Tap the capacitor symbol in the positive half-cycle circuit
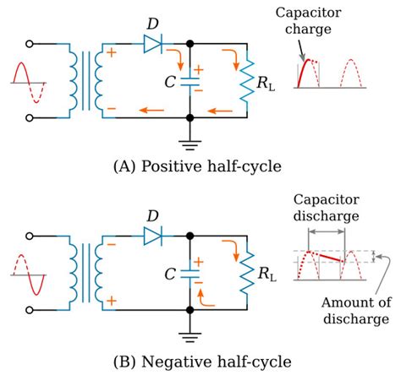190,84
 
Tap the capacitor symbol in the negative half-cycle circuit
190,272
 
